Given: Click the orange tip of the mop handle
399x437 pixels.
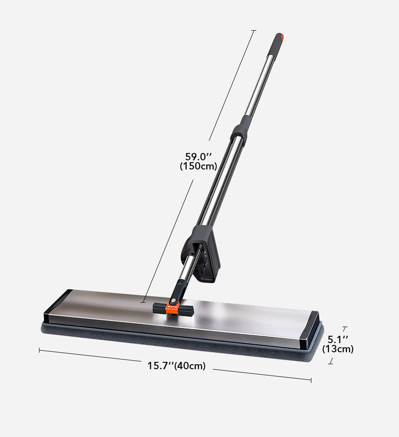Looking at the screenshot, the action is [x=282, y=37].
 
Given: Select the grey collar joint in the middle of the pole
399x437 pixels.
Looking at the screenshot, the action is [x=240, y=128].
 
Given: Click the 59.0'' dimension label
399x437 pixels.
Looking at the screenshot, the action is [x=199, y=156].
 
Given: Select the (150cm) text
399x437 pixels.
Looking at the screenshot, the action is [x=199, y=166].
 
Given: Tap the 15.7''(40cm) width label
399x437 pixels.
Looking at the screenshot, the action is [x=177, y=366].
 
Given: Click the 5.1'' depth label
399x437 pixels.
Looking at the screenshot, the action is [x=338, y=339].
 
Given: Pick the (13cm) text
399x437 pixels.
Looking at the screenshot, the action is [x=338, y=349].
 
